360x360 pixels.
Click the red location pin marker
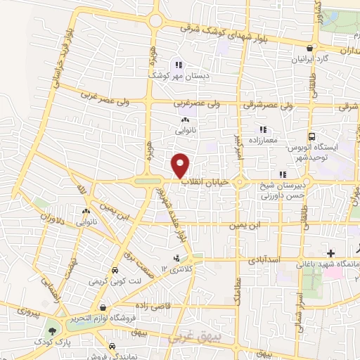click(181, 165)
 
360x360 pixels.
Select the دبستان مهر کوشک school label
click(173, 72)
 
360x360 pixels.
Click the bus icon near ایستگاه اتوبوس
click(311, 136)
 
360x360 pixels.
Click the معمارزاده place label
click(263, 141)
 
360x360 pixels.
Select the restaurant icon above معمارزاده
click(263, 129)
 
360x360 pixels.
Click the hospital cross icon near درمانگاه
click(330, 252)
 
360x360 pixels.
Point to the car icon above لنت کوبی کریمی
click(114, 270)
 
